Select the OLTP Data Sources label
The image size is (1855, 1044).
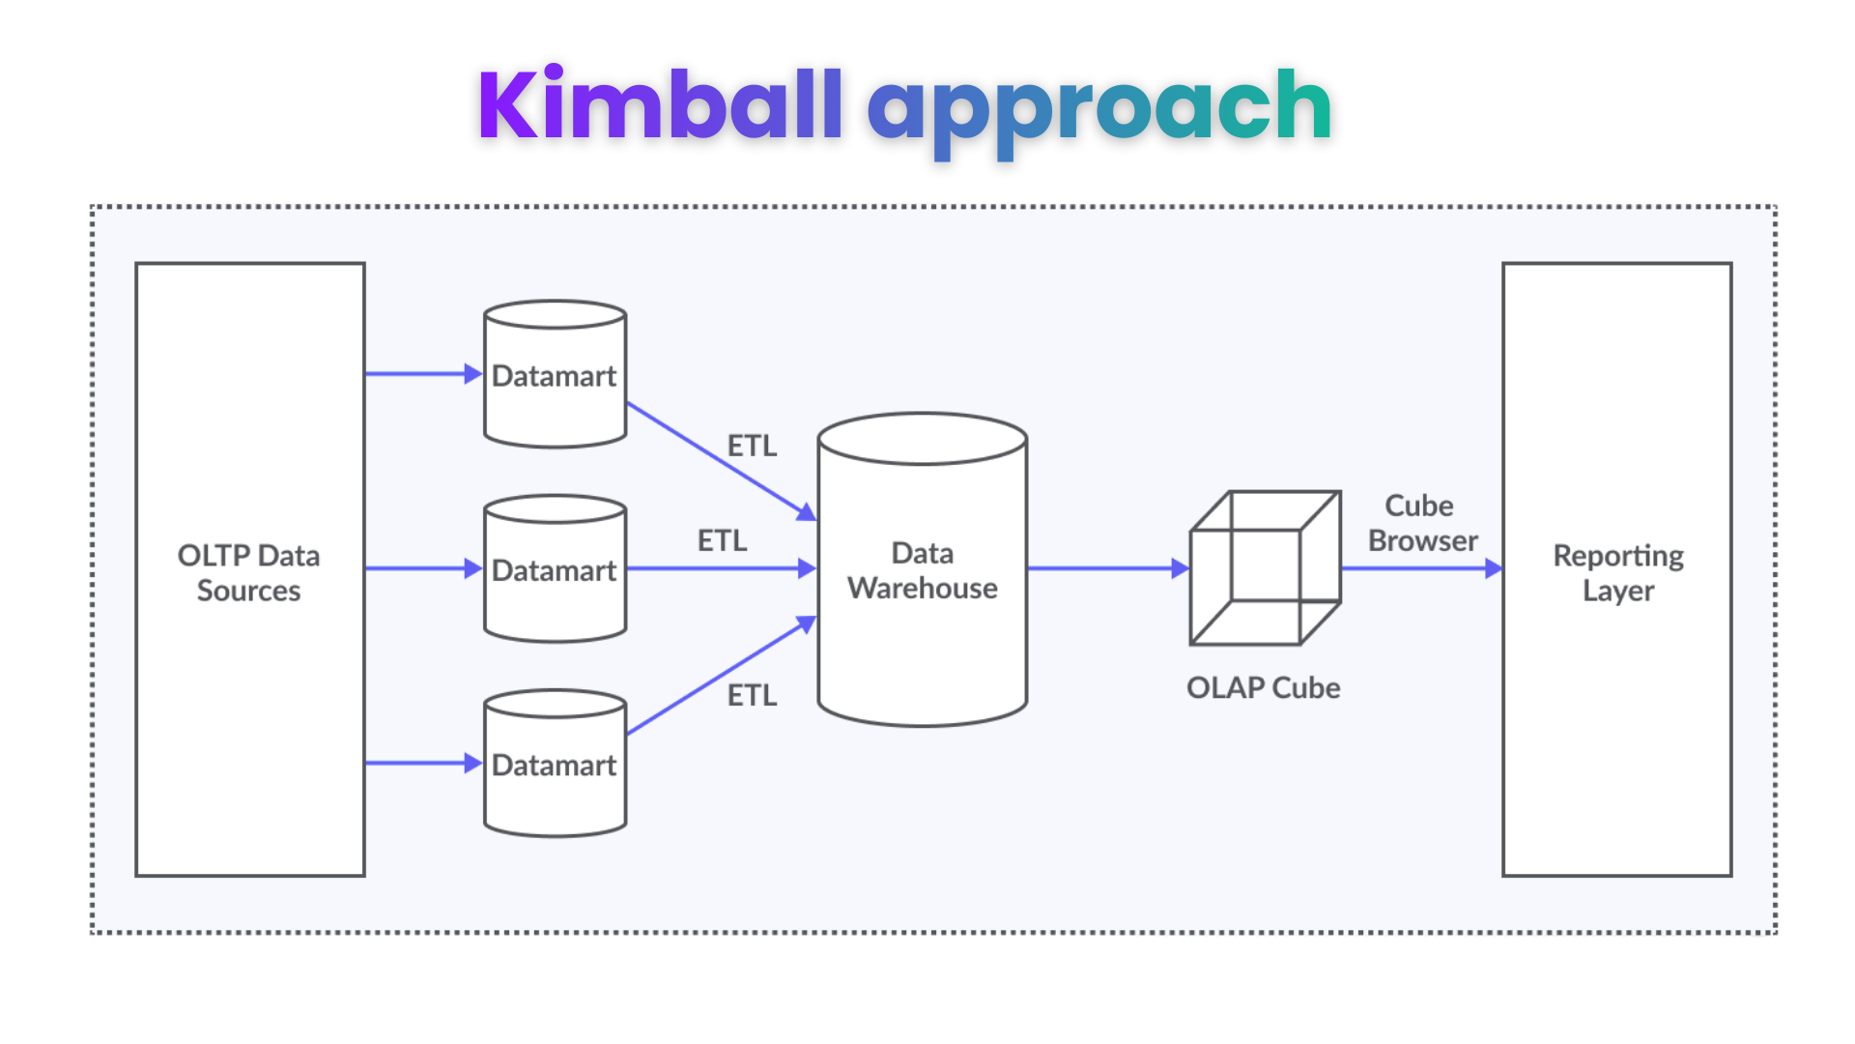pyautogui.click(x=248, y=572)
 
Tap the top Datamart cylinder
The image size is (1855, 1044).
pyautogui.click(x=555, y=375)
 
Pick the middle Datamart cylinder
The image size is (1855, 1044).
pyautogui.click(x=555, y=570)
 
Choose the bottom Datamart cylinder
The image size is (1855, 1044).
pyautogui.click(x=555, y=765)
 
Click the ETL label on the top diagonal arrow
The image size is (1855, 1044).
pyautogui.click(x=752, y=446)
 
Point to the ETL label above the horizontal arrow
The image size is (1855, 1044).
pyautogui.click(x=722, y=540)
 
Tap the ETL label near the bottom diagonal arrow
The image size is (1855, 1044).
pyautogui.click(x=752, y=695)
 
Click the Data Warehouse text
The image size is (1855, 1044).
pyautogui.click(x=922, y=570)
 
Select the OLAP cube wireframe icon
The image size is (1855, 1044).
pyautogui.click(x=1265, y=568)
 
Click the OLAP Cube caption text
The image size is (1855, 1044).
pyautogui.click(x=1263, y=687)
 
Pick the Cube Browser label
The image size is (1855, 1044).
pyautogui.click(x=1421, y=523)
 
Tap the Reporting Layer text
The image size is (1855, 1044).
pyautogui.click(x=1617, y=572)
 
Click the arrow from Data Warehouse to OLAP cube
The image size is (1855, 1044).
pyautogui.click(x=1101, y=568)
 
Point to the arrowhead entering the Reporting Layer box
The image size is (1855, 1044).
pyautogui.click(x=1493, y=568)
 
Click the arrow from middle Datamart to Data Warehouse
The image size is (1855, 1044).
pyautogui.click(x=715, y=568)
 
